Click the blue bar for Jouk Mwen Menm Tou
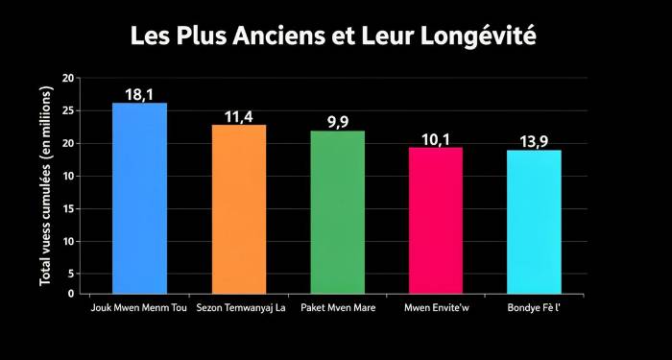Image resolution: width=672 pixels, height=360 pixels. coord(139,198)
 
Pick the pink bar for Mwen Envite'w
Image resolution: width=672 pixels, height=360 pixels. coord(436,220)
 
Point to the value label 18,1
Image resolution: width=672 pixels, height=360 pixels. coord(139,94)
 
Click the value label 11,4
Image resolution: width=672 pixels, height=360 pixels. coord(239,116)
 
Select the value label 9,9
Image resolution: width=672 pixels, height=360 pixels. coord(338,121)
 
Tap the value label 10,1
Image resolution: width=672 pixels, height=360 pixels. coord(436,139)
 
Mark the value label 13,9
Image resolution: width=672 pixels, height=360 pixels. coord(534,141)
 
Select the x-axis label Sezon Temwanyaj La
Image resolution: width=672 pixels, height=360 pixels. coord(240,308)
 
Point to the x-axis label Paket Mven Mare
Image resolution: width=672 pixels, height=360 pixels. coord(337,308)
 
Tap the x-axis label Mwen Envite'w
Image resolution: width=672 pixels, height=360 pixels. coord(435,308)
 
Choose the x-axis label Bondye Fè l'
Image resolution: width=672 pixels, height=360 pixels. coord(534,308)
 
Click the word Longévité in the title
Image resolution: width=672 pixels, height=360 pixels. coord(481,37)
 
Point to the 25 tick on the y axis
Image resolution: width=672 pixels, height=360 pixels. coord(68,110)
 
